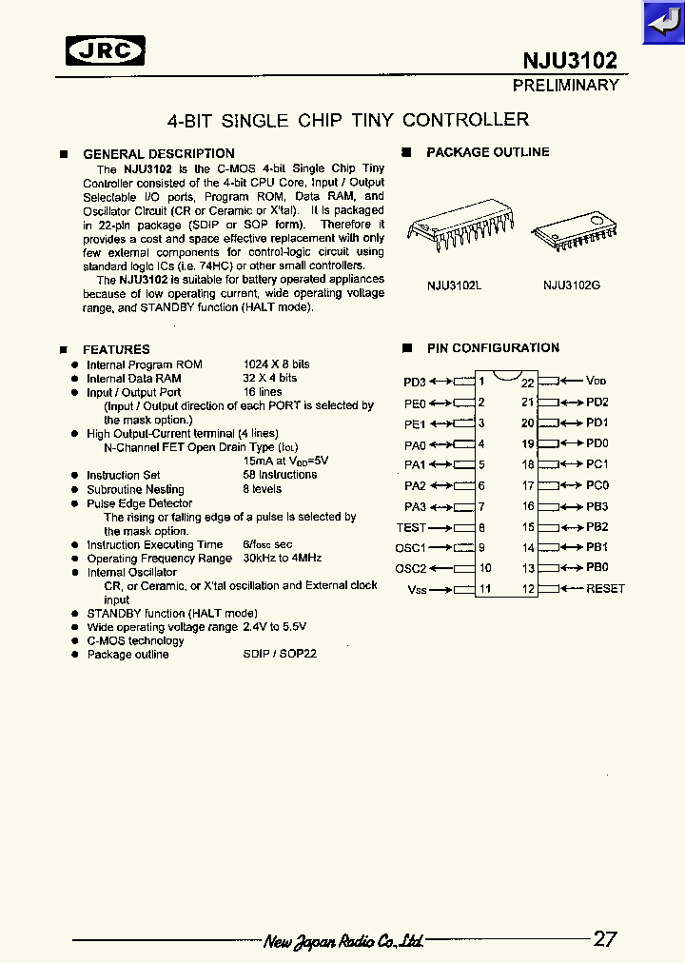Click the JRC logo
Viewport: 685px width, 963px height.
pyautogui.click(x=106, y=50)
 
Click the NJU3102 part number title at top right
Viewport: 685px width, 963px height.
pyautogui.click(x=570, y=61)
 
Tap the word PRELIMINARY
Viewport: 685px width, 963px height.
pyautogui.click(x=565, y=86)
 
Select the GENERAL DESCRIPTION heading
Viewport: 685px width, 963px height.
pyautogui.click(x=158, y=154)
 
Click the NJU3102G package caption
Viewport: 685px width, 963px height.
pyautogui.click(x=571, y=285)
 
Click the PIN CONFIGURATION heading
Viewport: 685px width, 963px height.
pyautogui.click(x=492, y=348)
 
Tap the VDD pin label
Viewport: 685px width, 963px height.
pyautogui.click(x=596, y=381)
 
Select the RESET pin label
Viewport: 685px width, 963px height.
pyautogui.click(x=605, y=588)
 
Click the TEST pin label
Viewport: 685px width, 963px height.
pyautogui.click(x=412, y=527)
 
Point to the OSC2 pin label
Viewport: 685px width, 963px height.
pyautogui.click(x=411, y=568)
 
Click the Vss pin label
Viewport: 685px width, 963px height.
pyautogui.click(x=416, y=589)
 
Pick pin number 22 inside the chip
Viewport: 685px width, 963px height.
pyautogui.click(x=528, y=383)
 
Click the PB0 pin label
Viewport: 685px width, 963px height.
pyautogui.click(x=597, y=567)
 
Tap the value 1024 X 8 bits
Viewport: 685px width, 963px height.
pyautogui.click(x=276, y=364)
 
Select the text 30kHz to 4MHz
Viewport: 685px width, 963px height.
pyautogui.click(x=282, y=559)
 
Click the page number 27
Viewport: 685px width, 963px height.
pyautogui.click(x=605, y=938)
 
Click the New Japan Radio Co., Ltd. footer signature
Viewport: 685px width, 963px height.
pyautogui.click(x=343, y=941)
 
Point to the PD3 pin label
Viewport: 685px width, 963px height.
pyautogui.click(x=415, y=382)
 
